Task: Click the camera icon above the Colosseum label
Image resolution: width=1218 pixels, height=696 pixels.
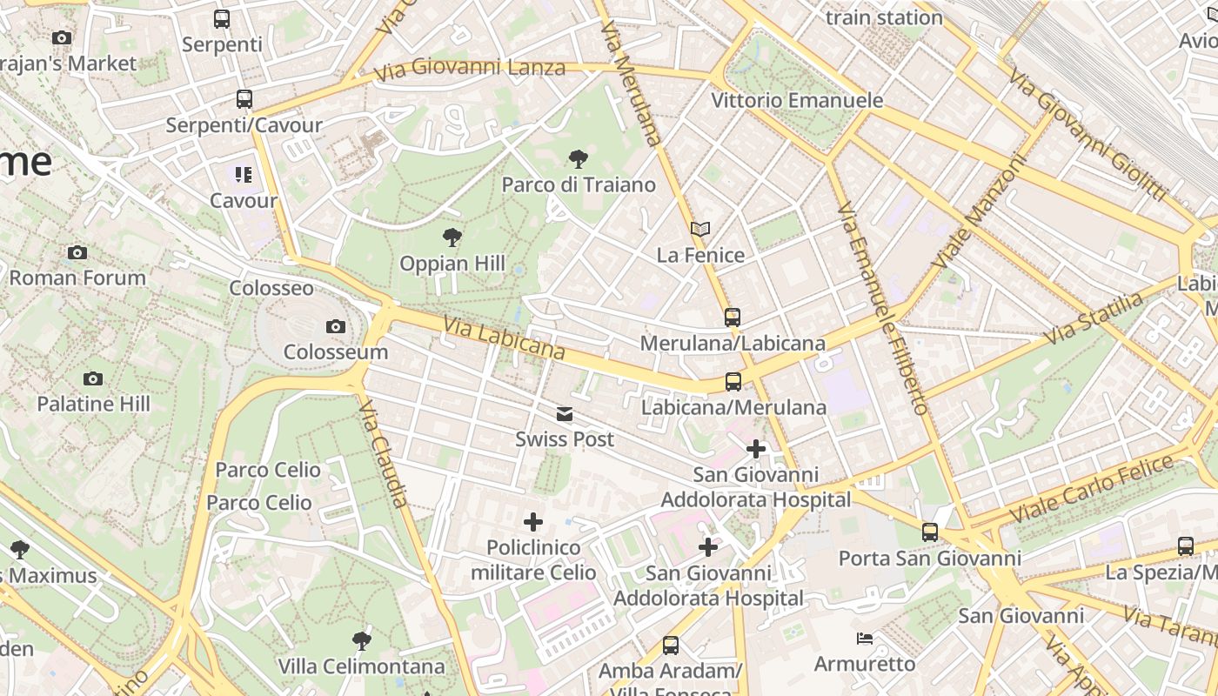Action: coord(336,327)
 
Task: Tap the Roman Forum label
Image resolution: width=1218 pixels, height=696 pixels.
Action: coord(77,278)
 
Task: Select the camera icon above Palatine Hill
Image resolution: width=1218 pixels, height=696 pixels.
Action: coord(93,378)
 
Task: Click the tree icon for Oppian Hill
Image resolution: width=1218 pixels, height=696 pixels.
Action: coord(452,237)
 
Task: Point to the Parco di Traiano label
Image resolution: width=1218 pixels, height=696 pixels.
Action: coord(579,185)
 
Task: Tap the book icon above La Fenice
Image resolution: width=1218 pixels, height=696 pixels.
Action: coord(700,229)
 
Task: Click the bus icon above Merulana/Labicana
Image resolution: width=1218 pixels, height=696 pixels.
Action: coord(733,317)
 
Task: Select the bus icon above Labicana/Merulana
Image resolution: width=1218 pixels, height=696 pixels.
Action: coord(733,382)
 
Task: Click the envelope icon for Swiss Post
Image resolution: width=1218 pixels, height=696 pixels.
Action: coord(565,414)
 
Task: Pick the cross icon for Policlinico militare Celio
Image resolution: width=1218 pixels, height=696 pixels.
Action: coord(533,522)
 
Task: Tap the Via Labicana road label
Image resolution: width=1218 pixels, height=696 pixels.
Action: coord(504,338)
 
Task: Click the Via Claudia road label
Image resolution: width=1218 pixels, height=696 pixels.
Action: coord(383,453)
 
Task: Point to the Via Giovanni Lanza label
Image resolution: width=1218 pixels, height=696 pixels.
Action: coord(471,67)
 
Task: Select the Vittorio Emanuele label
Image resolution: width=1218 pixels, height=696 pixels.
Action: coord(797,101)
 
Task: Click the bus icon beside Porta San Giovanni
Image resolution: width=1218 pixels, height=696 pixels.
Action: coord(930,532)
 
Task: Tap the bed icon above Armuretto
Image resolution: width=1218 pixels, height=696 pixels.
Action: coord(865,639)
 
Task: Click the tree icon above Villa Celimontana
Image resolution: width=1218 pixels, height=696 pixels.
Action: coord(362,641)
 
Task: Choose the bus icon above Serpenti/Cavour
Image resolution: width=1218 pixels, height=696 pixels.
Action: coord(244,99)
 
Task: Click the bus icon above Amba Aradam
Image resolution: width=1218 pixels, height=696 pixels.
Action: coord(670,646)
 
